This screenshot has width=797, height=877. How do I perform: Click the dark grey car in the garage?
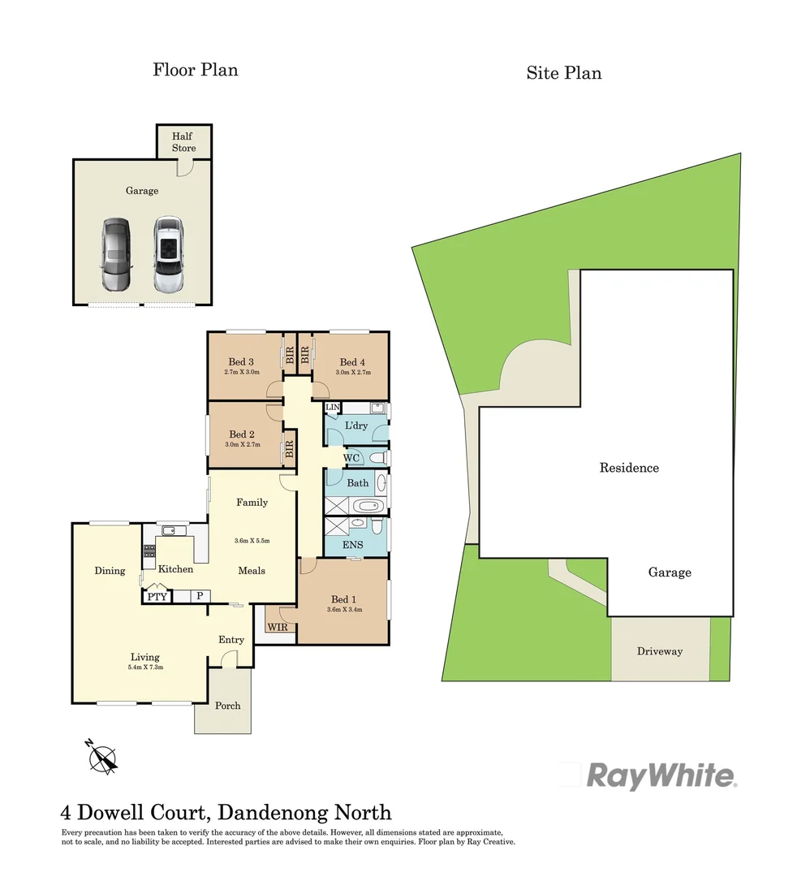pos(115,253)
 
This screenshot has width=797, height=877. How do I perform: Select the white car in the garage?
pos(167,254)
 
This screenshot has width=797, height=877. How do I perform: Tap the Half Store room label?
pos(184,142)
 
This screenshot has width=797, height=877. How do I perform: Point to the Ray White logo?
pos(661,775)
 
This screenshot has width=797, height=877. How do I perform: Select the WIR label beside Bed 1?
pos(278,628)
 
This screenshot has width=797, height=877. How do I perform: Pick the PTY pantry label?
pos(156,597)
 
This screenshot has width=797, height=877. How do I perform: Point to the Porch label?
pos(227,705)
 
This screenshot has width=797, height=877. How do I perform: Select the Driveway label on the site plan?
pos(659,651)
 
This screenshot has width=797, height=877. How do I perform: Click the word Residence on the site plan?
pos(629,468)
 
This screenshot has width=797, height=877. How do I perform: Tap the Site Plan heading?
pos(563,73)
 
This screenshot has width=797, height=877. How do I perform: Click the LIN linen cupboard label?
pos(332,407)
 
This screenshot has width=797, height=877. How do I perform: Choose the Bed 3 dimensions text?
pos(241,373)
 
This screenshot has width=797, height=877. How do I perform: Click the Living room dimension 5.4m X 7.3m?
pos(146,667)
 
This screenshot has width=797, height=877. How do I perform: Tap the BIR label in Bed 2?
pos(287,449)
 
